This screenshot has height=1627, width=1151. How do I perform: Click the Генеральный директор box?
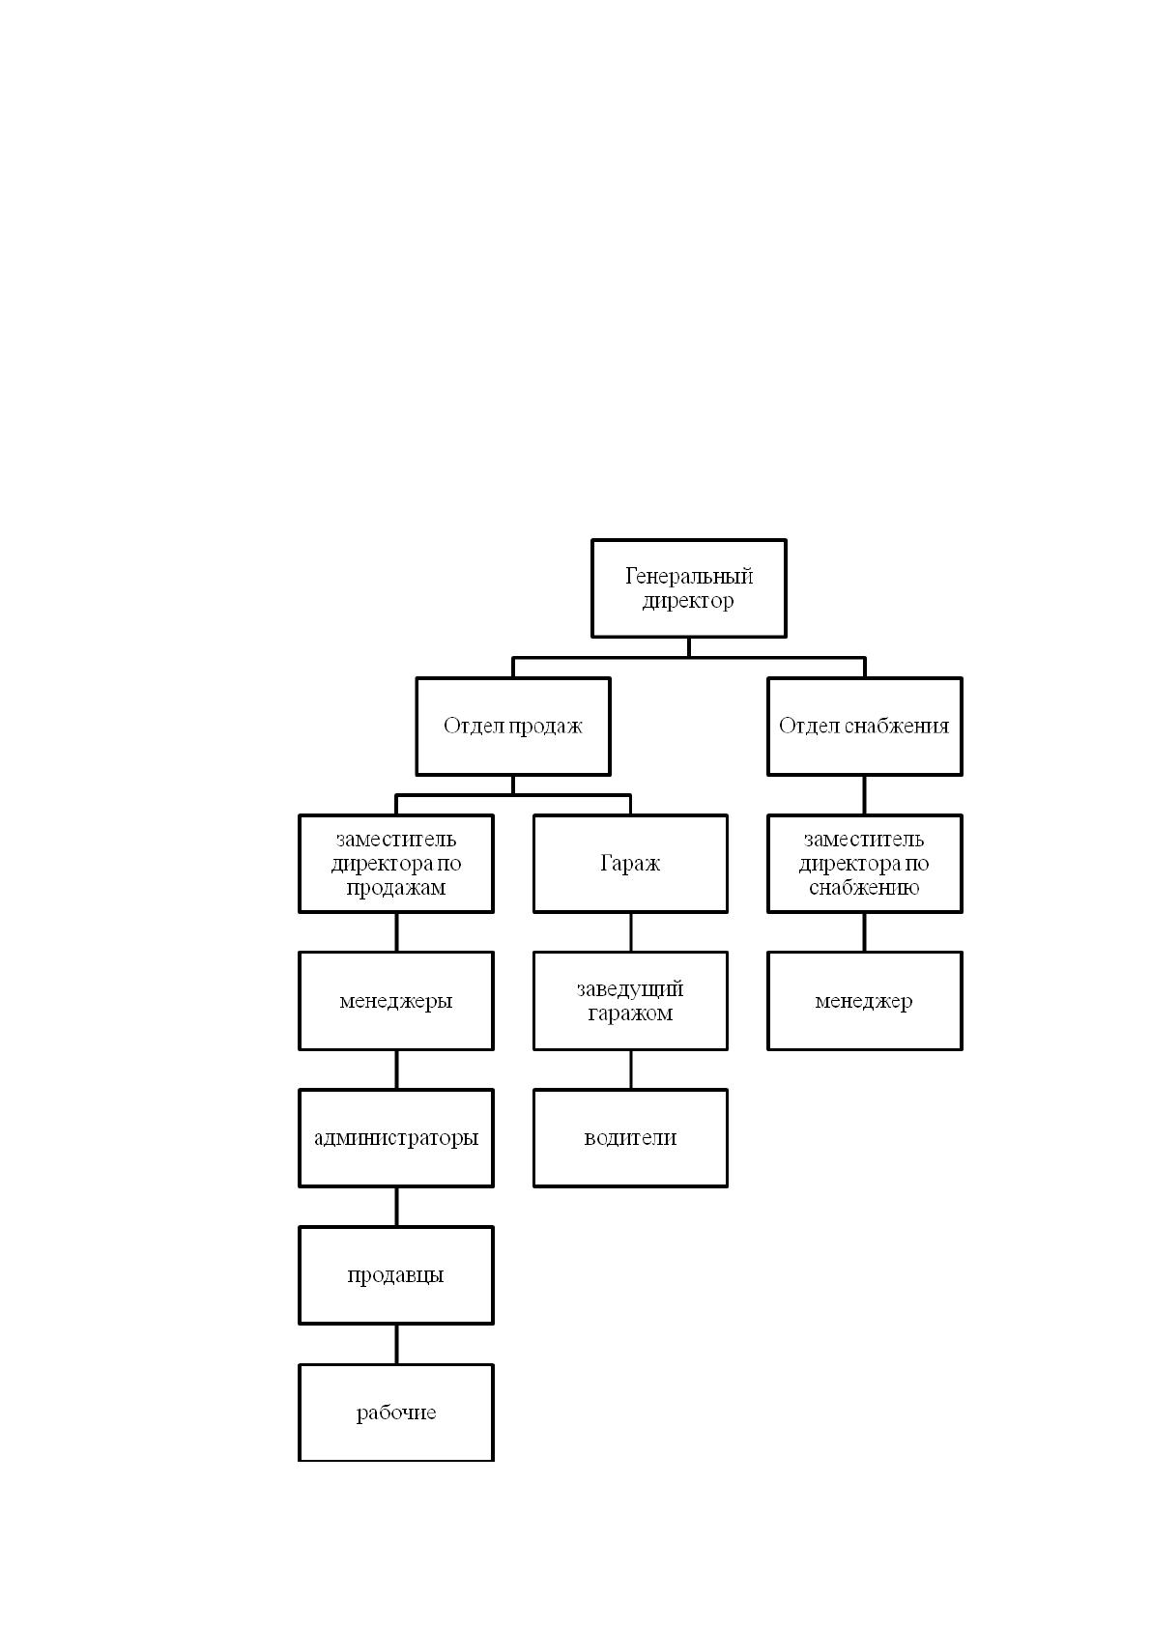pos(688,587)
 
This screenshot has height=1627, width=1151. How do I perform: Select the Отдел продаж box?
pos(512,726)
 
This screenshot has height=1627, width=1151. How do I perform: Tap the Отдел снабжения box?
pos(864,726)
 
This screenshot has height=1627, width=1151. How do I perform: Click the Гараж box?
pos(630,863)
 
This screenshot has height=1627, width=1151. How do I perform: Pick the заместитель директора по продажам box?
pos(396,863)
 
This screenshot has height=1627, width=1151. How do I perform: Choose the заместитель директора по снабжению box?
pos(864,863)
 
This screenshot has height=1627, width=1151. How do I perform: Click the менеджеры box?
pos(396,1000)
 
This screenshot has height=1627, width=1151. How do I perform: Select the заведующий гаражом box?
pos(630,1000)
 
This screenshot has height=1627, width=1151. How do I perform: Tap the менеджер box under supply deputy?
pos(864,1000)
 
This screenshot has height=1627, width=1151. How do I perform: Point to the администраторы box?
pos(396,1137)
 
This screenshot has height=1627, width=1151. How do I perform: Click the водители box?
pos(630,1137)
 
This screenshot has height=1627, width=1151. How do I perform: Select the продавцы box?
pos(396,1274)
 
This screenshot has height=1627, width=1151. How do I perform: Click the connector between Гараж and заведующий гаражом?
pos(630,932)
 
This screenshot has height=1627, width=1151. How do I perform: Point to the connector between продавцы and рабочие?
pos(396,1344)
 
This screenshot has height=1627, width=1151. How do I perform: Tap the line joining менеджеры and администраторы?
pos(396,1070)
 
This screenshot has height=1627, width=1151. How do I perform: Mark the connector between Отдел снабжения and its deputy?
pos(864,794)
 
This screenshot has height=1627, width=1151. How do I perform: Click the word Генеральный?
pos(689,576)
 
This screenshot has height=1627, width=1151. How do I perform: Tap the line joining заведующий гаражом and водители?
pos(630,1070)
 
